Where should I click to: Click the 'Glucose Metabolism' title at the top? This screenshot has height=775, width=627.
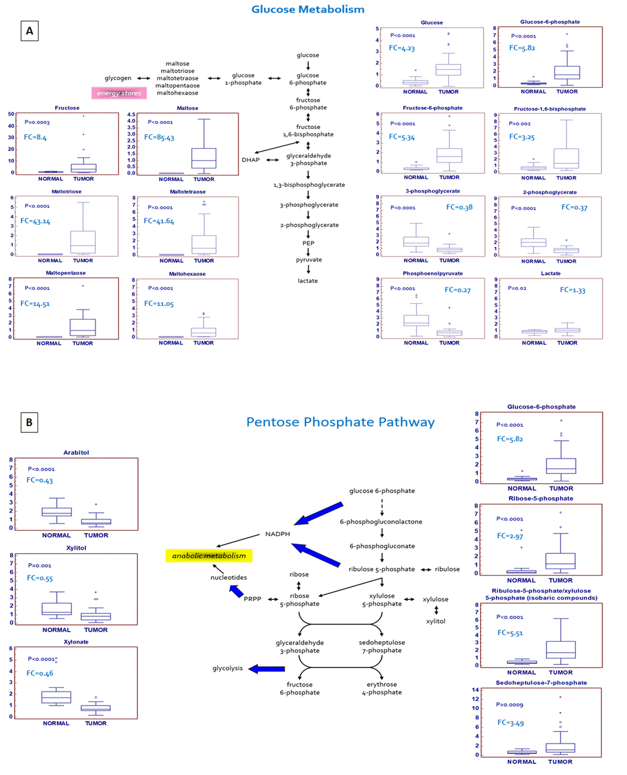coord(307,9)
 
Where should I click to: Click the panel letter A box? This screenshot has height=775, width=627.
coord(29,31)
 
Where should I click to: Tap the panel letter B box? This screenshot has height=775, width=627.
coord(29,422)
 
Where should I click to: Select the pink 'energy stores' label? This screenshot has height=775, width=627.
coord(119,93)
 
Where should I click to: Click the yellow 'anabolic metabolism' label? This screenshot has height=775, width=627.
coord(209,556)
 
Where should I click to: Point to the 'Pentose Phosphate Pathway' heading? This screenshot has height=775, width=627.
coord(340,422)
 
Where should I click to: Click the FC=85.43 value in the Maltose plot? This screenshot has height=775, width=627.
coord(159,138)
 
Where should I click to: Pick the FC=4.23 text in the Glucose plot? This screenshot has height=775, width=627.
coord(401,49)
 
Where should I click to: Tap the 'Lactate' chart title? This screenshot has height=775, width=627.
coord(551,273)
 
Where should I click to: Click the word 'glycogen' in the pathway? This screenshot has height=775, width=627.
coord(118,78)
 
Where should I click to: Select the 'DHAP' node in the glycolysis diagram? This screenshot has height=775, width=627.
coord(251,160)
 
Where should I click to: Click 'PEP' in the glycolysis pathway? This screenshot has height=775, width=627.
coord(308,243)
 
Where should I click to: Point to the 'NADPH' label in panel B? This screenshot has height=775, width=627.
coord(277,534)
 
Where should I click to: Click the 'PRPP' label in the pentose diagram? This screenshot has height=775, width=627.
coord(253,599)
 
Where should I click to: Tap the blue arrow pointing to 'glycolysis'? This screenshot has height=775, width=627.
coord(267,669)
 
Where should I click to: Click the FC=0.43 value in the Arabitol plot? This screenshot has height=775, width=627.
coord(39,480)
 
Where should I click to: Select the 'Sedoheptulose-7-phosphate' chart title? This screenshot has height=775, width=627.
coord(541,683)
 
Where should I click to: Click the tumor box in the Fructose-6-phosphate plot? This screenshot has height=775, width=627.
coord(449,155)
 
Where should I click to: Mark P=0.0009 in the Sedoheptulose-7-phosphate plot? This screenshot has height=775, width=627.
coord(510,705)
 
